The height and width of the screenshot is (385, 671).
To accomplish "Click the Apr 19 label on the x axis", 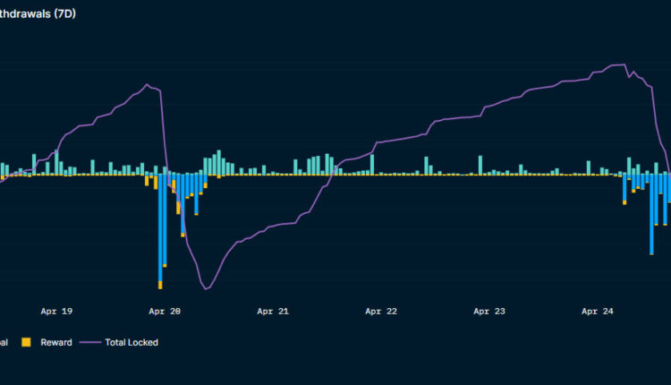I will pos(56,312).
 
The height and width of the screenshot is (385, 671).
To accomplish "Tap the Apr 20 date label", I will pos(165,312).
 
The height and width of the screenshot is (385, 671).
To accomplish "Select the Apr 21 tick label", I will pos(273,312).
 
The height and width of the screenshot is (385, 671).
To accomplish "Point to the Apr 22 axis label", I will pos(381,312).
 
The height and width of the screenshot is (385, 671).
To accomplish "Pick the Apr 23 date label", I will pos(488,312).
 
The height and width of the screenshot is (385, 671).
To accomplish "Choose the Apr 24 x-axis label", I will pos(597,312).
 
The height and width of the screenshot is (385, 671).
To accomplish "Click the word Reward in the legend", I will pos(56,342).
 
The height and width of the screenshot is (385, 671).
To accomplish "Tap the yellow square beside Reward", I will pos(26,342).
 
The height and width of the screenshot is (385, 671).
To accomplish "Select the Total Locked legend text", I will pos(132,342).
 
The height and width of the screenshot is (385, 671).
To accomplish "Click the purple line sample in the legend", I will pos(89,342).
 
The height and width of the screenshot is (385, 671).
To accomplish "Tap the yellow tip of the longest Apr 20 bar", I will pos(160,285).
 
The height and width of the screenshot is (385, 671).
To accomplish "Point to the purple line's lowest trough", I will pos(207,288).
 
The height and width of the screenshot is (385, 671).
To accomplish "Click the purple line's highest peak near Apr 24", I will pos(618,64).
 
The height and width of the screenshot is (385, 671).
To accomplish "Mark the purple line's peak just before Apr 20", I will pos(148,84).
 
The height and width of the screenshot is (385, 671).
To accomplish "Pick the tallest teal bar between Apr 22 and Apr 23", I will pos(480,165).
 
